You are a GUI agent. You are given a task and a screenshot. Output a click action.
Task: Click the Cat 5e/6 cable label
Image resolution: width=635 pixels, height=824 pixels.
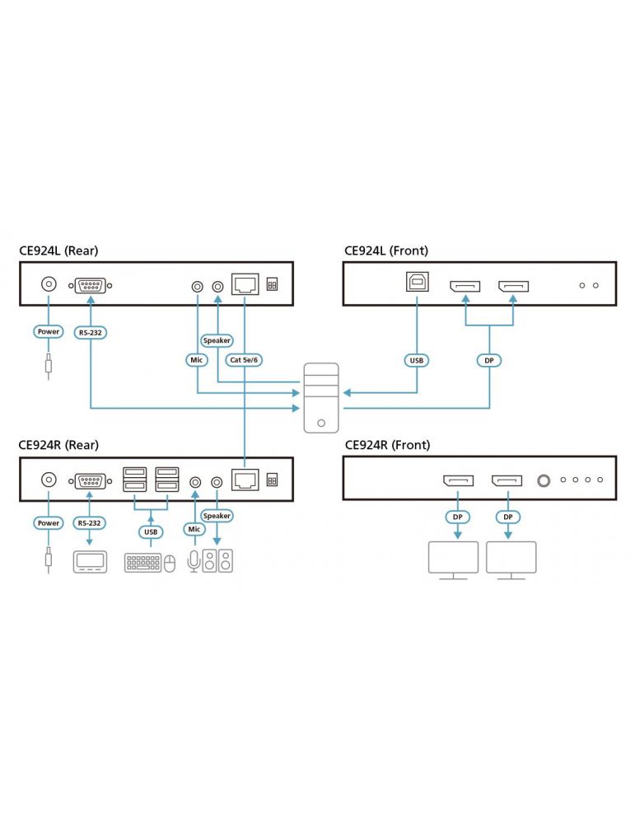tap(245, 360)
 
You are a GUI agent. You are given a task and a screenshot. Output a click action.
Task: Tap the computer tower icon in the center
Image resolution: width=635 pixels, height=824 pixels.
tap(321, 397)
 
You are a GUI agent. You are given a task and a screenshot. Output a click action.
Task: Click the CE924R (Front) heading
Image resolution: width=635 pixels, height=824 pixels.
tap(387, 445)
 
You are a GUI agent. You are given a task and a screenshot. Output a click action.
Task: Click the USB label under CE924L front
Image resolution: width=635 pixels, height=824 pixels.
tap(416, 360)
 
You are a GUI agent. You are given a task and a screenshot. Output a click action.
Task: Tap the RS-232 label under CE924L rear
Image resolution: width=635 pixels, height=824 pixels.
tap(89, 333)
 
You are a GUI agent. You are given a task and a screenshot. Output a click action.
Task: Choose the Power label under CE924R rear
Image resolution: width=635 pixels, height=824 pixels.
tap(49, 522)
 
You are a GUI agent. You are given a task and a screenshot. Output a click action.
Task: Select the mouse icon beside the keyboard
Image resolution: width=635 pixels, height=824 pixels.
tap(170, 563)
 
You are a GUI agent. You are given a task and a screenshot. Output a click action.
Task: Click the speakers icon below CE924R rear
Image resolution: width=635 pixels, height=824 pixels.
tap(218, 562)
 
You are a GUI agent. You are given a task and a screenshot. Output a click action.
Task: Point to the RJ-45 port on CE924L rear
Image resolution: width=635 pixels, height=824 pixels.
tap(245, 284)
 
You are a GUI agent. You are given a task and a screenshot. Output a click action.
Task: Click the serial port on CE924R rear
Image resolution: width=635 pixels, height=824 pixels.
tap(89, 480)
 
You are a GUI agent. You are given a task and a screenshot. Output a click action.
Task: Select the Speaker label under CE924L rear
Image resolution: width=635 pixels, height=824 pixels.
tap(217, 340)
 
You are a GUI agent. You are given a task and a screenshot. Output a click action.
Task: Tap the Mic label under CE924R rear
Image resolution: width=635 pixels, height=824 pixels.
tap(194, 528)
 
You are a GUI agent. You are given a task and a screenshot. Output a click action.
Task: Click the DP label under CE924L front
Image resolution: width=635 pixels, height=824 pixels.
tap(490, 360)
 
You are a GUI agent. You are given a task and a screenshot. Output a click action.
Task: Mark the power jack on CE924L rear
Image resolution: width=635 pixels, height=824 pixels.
tap(49, 285)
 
